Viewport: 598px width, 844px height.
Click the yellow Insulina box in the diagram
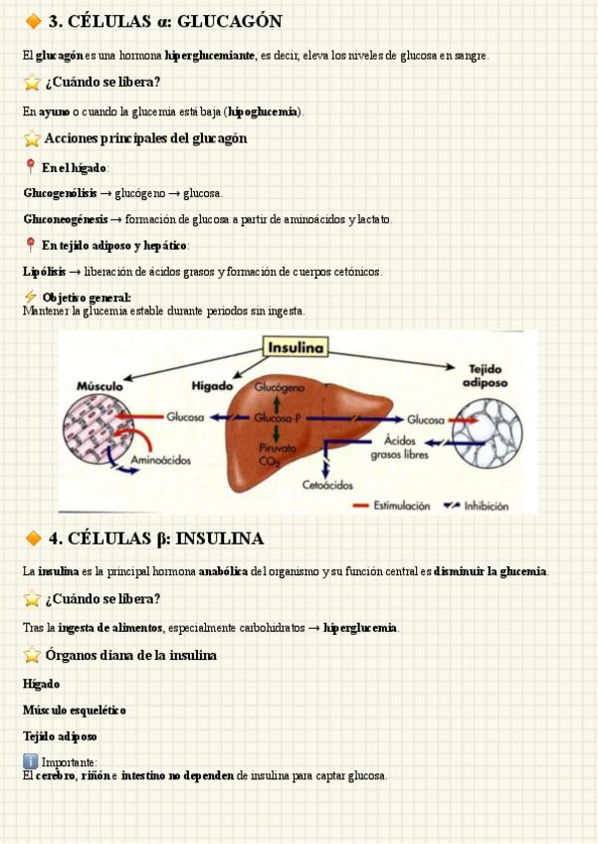click(296, 347)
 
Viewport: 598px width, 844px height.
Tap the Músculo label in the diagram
click(100, 385)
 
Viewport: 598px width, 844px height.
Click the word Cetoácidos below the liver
click(327, 485)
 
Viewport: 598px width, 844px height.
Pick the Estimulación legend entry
click(401, 506)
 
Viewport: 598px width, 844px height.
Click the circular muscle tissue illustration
click(99, 430)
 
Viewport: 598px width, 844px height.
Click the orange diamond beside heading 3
click(33, 22)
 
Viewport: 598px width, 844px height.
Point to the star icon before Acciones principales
click(31, 139)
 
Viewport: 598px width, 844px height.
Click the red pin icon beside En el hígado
click(30, 167)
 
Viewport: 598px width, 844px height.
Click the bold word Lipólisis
click(44, 271)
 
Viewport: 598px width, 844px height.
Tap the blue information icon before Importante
click(30, 762)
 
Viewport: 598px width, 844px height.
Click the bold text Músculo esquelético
click(75, 710)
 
